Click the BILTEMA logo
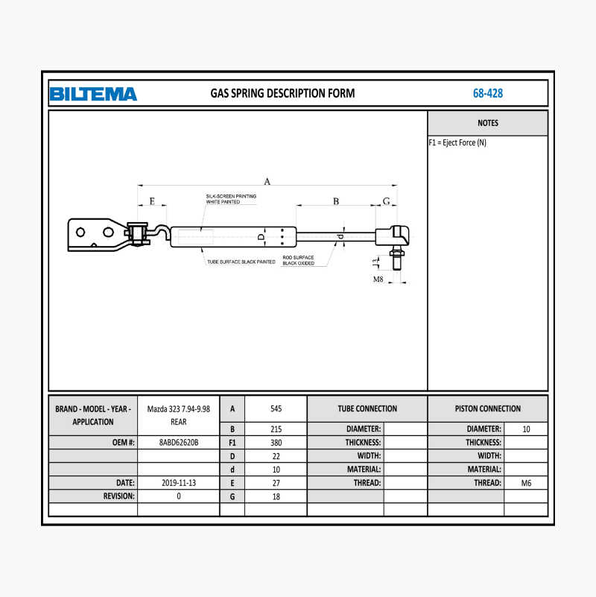pos(93,94)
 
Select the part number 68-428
pos(487,93)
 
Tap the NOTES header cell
pos(487,123)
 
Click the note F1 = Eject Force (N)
pos(457,143)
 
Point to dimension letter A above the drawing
pos(267,181)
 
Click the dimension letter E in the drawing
pos(152,201)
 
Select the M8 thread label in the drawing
pos(378,279)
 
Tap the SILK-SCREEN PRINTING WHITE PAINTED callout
pos(231,199)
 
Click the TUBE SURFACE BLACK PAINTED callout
pos(241,262)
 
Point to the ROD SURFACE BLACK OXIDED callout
pos(299,260)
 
